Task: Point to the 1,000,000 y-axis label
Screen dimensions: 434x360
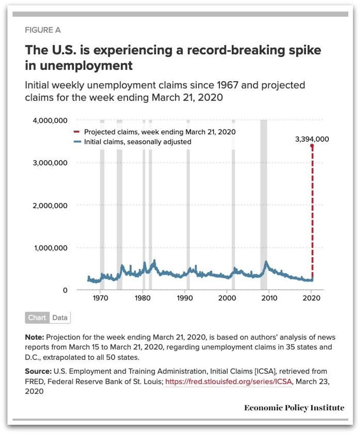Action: pos(51,248)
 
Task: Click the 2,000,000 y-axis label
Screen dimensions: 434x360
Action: pos(51,205)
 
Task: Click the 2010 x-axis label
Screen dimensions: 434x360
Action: pos(269,298)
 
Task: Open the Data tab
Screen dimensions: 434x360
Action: pos(60,318)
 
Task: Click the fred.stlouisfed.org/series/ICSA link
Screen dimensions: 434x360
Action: pos(228,382)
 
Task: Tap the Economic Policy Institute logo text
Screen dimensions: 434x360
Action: pos(294,408)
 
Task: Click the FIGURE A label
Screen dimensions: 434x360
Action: pos(43,31)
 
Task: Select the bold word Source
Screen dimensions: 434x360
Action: pos(37,372)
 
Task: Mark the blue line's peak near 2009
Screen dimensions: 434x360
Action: pos(266,262)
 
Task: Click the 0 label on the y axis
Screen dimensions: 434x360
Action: pos(65,290)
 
